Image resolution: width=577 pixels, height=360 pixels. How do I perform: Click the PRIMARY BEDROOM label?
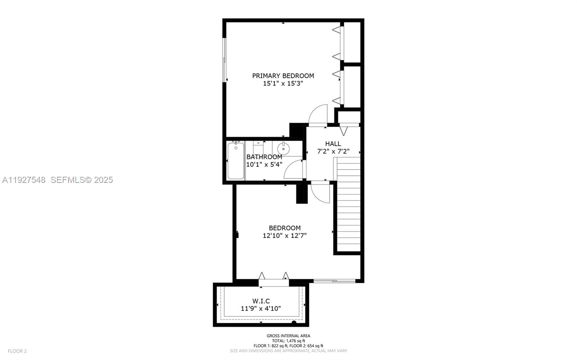[283, 76]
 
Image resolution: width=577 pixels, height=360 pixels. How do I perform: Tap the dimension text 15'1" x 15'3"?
[283, 84]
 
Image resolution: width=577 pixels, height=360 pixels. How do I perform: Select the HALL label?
[333, 144]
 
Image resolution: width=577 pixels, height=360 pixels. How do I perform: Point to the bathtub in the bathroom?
[235, 161]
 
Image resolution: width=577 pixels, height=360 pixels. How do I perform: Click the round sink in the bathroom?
[283, 148]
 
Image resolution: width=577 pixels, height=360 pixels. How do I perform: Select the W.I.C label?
[261, 301]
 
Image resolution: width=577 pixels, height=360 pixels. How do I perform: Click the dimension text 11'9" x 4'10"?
[261, 308]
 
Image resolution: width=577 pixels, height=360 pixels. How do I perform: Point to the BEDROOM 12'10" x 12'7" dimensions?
[285, 236]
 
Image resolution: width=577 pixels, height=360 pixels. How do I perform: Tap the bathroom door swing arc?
[293, 170]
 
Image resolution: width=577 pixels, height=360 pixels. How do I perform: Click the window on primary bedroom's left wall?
[224, 60]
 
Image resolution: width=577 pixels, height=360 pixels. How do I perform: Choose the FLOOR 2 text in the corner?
[17, 351]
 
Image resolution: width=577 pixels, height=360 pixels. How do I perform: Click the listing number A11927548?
[24, 180]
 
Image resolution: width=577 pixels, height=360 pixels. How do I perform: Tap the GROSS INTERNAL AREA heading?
[288, 336]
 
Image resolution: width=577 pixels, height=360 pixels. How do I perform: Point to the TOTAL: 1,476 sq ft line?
[288, 341]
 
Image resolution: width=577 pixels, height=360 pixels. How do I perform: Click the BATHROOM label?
[264, 157]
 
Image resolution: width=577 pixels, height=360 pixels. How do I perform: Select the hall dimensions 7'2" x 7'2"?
[333, 152]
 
